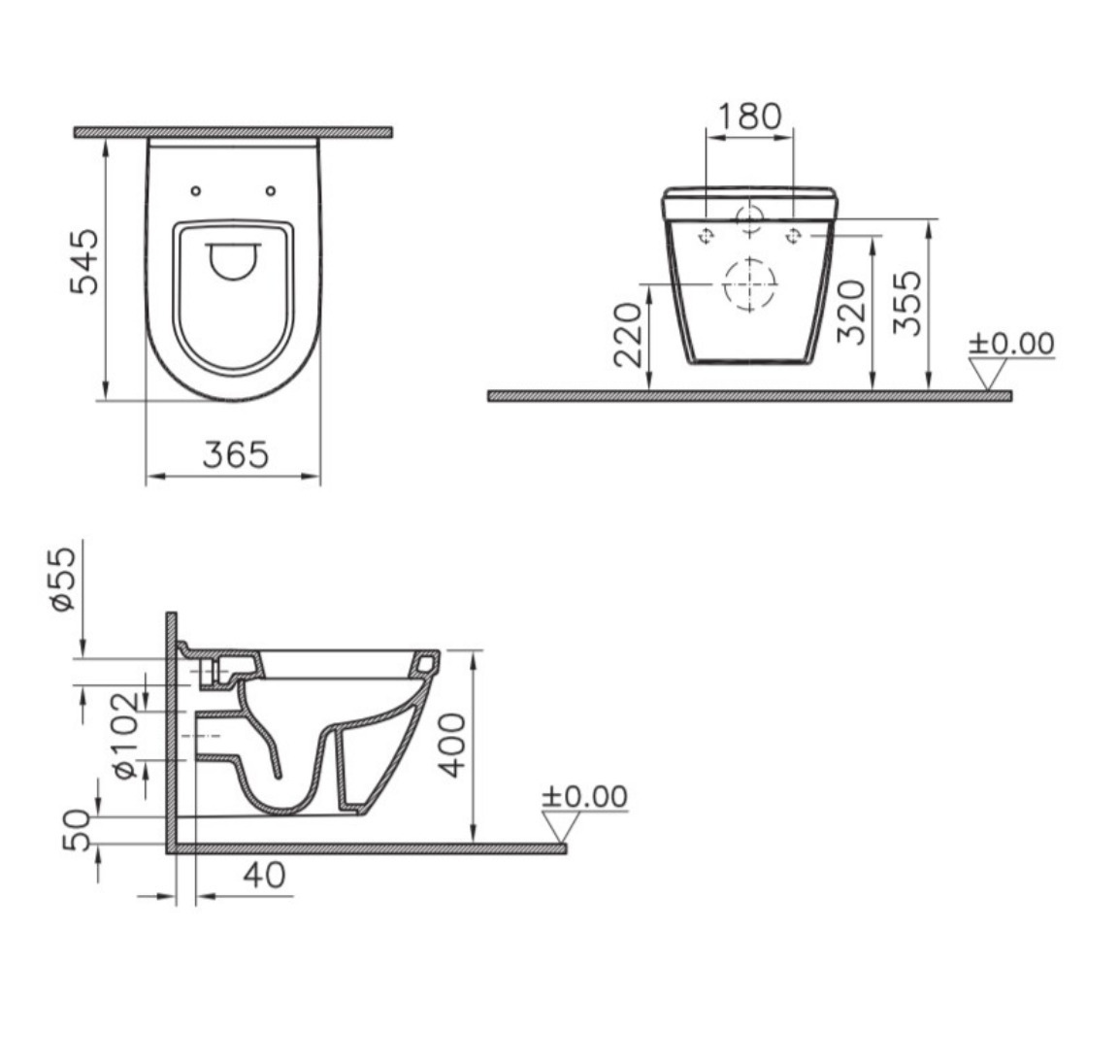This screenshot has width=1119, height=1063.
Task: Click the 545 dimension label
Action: pos(84,261)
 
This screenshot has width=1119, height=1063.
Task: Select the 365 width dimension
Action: pos(236,454)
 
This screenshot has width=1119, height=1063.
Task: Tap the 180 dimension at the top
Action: pos(749,116)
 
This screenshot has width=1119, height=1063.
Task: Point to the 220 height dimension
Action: pos(629,335)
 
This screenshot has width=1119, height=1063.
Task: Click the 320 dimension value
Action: pos(851,312)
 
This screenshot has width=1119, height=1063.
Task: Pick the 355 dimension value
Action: pos(907,303)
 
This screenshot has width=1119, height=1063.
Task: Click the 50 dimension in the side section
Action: pos(78,830)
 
